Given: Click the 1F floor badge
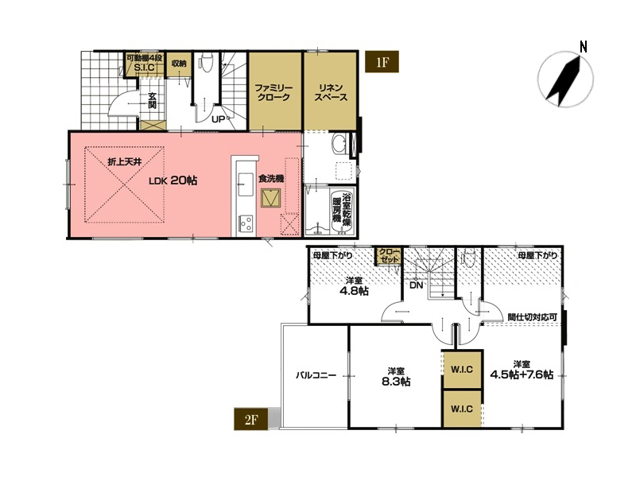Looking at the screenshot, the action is [382, 62].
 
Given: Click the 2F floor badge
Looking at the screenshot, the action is [251, 419].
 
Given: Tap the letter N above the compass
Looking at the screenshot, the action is [584, 47].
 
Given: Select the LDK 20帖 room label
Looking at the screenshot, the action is [173, 180].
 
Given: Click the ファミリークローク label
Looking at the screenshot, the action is [273, 92].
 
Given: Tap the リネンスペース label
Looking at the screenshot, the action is [331, 92].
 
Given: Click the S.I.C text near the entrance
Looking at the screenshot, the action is [144, 68].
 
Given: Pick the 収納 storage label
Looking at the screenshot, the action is [178, 64].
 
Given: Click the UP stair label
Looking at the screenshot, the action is [218, 120].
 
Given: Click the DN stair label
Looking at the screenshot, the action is [416, 285].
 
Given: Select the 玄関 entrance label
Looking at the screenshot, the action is [152, 100].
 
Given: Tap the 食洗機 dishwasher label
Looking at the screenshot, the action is [271, 178].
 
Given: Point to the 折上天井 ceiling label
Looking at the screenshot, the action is [125, 162].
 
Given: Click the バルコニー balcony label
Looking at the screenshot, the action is [316, 375].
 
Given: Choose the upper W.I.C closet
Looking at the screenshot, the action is [462, 370].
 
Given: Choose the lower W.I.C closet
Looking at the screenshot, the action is [462, 409].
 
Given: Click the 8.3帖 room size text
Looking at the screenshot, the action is [396, 382].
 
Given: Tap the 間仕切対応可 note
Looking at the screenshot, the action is [532, 316].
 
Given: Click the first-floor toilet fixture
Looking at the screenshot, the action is [206, 62].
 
